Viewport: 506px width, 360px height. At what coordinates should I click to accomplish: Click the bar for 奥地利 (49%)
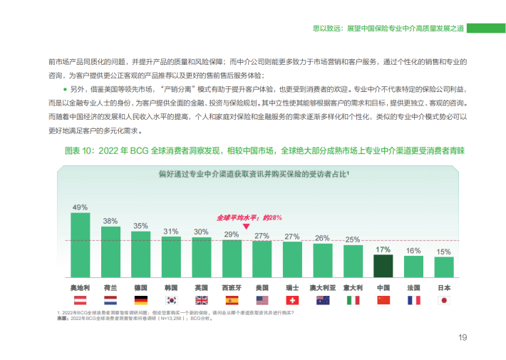tap(80, 245)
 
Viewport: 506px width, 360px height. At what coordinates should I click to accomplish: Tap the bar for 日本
tap(443, 267)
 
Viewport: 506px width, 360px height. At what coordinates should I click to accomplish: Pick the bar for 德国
tap(140, 254)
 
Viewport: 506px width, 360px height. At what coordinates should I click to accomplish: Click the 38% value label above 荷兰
tap(110, 221)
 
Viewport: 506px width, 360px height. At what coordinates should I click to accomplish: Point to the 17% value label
tap(383, 250)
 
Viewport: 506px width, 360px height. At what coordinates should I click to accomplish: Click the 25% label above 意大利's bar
tap(352, 240)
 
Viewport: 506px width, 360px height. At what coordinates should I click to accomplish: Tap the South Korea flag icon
tap(171, 301)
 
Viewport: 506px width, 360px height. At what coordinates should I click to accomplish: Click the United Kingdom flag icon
tap(201, 301)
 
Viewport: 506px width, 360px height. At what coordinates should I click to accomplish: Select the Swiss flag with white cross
tap(292, 301)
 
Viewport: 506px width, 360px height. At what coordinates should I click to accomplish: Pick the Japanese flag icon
tap(443, 301)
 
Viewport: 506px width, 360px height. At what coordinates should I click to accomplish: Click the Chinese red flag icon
tap(383, 301)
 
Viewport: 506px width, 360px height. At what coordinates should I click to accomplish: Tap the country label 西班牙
tap(232, 288)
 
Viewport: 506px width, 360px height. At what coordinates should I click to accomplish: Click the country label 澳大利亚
tap(322, 288)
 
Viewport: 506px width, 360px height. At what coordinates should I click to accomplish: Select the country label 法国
tap(413, 288)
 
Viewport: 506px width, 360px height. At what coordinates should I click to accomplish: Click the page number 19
tap(462, 337)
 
